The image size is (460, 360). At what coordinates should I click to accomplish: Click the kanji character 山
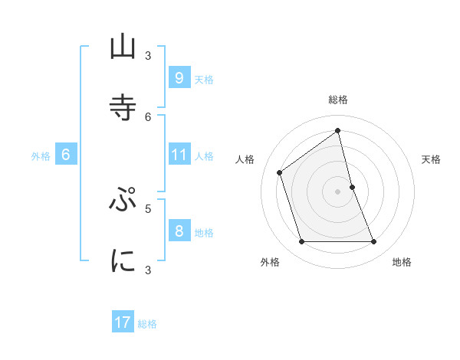(123, 47)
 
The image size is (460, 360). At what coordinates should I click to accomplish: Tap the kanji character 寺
(123, 105)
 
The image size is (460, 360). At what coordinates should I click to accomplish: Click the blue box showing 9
(179, 77)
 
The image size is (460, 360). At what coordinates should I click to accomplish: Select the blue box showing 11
(179, 155)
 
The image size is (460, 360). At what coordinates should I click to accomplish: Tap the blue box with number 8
(179, 231)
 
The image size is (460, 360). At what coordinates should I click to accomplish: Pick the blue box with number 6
(66, 155)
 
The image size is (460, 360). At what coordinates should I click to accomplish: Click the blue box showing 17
(123, 322)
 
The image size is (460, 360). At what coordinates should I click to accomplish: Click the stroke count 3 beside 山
(148, 55)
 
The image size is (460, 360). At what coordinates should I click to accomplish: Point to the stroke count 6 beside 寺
(148, 116)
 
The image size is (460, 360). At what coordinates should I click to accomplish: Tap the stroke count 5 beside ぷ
(148, 208)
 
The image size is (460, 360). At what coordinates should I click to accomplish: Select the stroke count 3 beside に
(148, 269)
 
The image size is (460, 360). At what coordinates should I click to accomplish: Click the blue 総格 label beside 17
(147, 324)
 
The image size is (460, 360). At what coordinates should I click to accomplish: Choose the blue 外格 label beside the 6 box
(41, 156)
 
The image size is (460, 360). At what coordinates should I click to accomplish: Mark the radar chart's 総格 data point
(338, 130)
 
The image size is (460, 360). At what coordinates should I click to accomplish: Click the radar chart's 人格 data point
(280, 172)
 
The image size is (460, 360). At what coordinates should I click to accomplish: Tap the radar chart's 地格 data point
(373, 242)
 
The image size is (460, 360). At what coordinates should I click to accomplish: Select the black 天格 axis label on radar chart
(432, 159)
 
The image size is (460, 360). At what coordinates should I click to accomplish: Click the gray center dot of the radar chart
(338, 191)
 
